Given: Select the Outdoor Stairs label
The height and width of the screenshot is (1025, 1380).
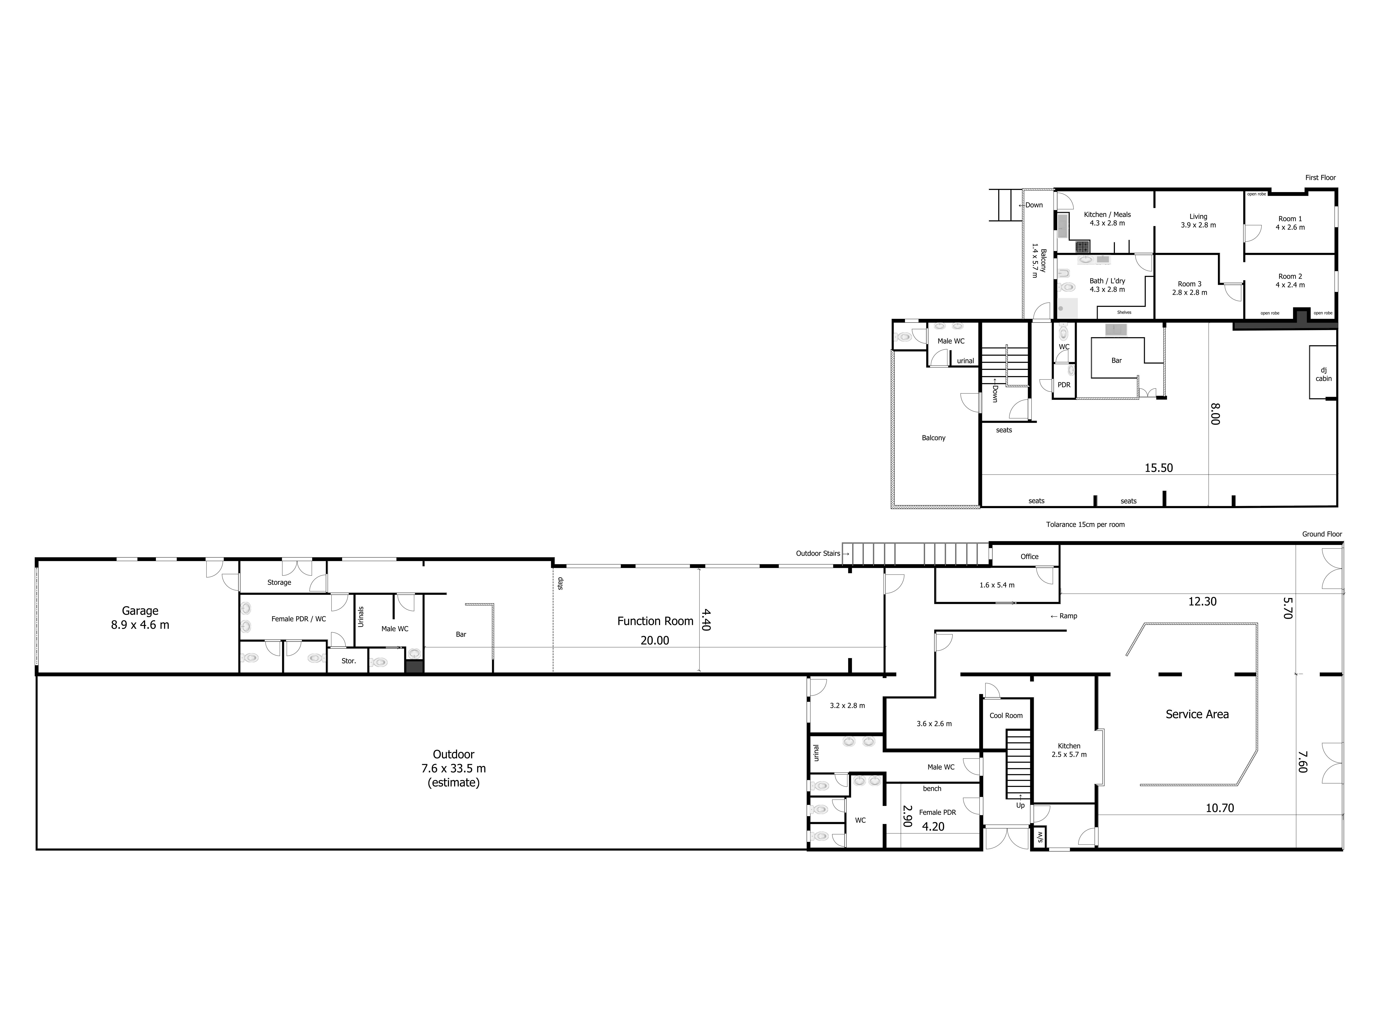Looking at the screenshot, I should (819, 553).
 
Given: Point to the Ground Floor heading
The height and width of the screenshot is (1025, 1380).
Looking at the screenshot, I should (1322, 534).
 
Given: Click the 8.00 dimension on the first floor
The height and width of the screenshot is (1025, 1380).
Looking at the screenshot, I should (1215, 414).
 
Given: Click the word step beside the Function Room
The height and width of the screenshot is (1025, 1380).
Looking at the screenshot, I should (560, 583).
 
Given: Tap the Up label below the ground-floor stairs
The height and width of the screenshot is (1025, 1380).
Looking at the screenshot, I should (1020, 805).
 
